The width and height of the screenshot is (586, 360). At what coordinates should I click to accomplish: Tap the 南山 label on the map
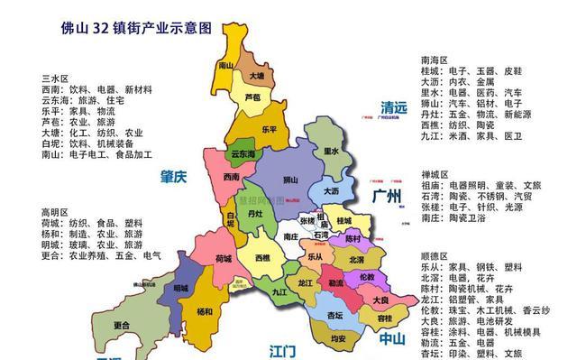[226, 66]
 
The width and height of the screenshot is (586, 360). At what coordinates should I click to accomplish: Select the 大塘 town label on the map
[258, 77]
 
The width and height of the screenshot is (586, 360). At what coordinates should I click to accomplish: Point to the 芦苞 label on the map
[252, 97]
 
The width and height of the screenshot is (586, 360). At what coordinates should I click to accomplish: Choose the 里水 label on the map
[330, 152]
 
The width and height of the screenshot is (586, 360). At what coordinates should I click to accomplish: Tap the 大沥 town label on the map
[332, 191]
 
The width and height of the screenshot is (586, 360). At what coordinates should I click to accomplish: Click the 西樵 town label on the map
[262, 258]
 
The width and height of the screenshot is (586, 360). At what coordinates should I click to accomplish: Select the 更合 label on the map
[122, 325]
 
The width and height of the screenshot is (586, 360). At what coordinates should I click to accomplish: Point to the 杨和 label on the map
[205, 312]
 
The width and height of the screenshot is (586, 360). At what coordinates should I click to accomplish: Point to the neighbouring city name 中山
[391, 339]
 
